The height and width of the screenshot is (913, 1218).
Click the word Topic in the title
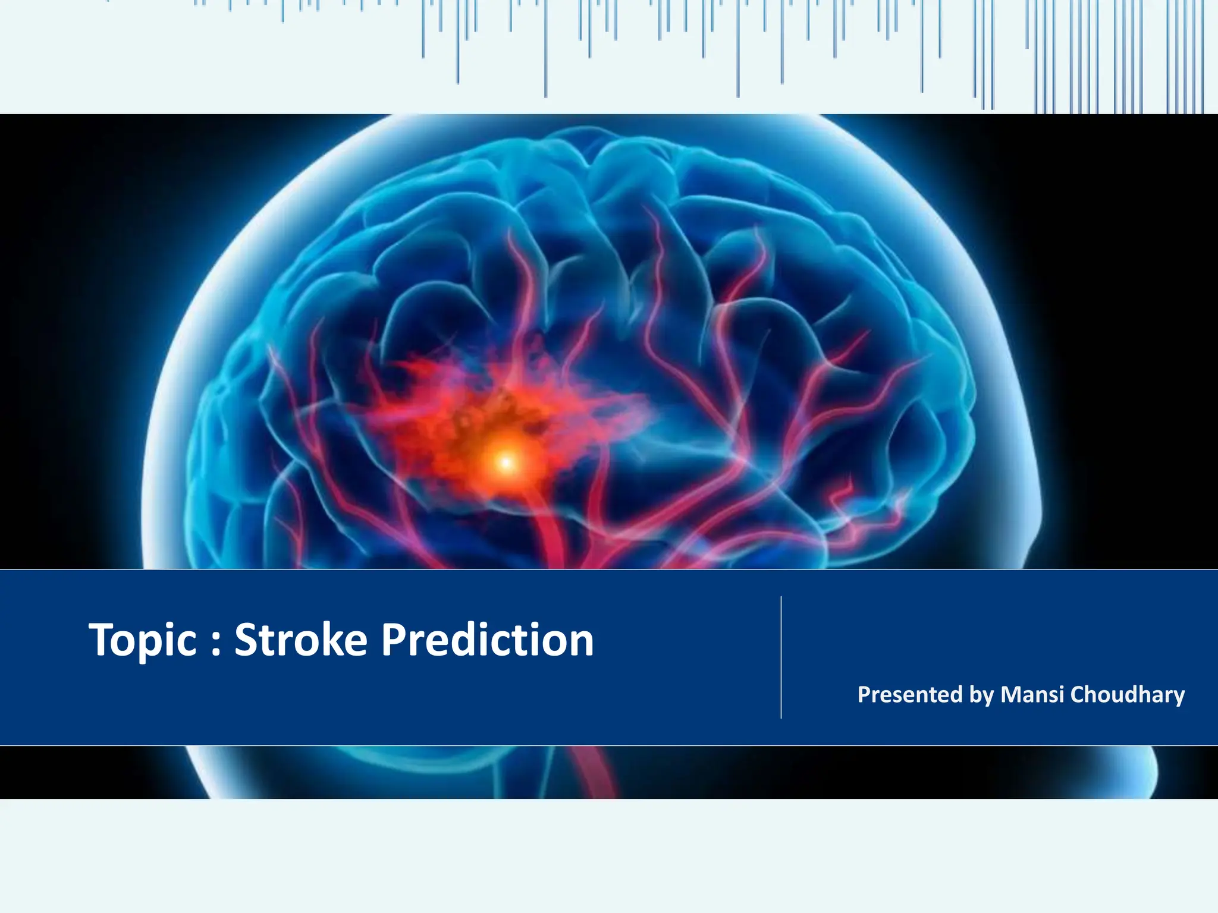(x=143, y=641)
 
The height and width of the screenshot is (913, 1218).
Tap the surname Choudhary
(x=1127, y=694)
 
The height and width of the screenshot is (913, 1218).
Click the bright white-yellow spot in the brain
(x=506, y=462)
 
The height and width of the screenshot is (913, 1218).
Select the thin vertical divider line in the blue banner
(x=781, y=657)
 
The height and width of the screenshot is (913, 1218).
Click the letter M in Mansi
(x=1010, y=694)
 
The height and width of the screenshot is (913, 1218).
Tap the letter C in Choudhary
(x=1077, y=694)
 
